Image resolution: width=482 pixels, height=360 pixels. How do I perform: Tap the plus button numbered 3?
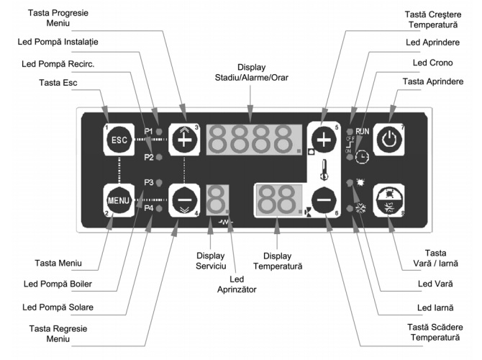(184, 140)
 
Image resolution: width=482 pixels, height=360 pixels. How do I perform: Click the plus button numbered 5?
(323, 140)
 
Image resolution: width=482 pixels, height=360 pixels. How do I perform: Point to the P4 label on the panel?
(148, 208)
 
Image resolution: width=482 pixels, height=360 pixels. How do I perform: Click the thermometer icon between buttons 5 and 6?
(324, 171)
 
